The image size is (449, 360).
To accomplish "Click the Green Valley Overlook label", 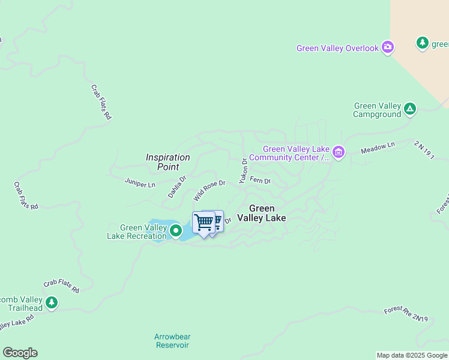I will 338,48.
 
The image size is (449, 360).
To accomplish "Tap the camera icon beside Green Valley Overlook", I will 388,47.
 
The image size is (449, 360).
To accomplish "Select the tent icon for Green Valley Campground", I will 409,109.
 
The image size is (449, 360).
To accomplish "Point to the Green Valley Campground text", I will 377,110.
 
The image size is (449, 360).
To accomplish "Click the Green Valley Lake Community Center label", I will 291,154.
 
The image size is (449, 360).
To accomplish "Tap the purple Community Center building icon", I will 339,152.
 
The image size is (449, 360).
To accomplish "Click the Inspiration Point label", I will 168,161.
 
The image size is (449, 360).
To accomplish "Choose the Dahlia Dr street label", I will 177,187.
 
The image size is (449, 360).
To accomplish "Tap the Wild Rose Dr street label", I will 209,191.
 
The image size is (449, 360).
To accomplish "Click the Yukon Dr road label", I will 243,170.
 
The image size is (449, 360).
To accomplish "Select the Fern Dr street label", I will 260,180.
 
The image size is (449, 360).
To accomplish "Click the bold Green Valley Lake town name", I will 261,214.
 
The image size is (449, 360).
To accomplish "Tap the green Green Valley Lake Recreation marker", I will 176,230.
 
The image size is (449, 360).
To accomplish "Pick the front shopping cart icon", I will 203,223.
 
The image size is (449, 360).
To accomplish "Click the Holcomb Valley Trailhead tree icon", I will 52,302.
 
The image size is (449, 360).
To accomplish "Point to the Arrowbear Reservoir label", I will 172,341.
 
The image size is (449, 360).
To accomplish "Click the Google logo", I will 20,353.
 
